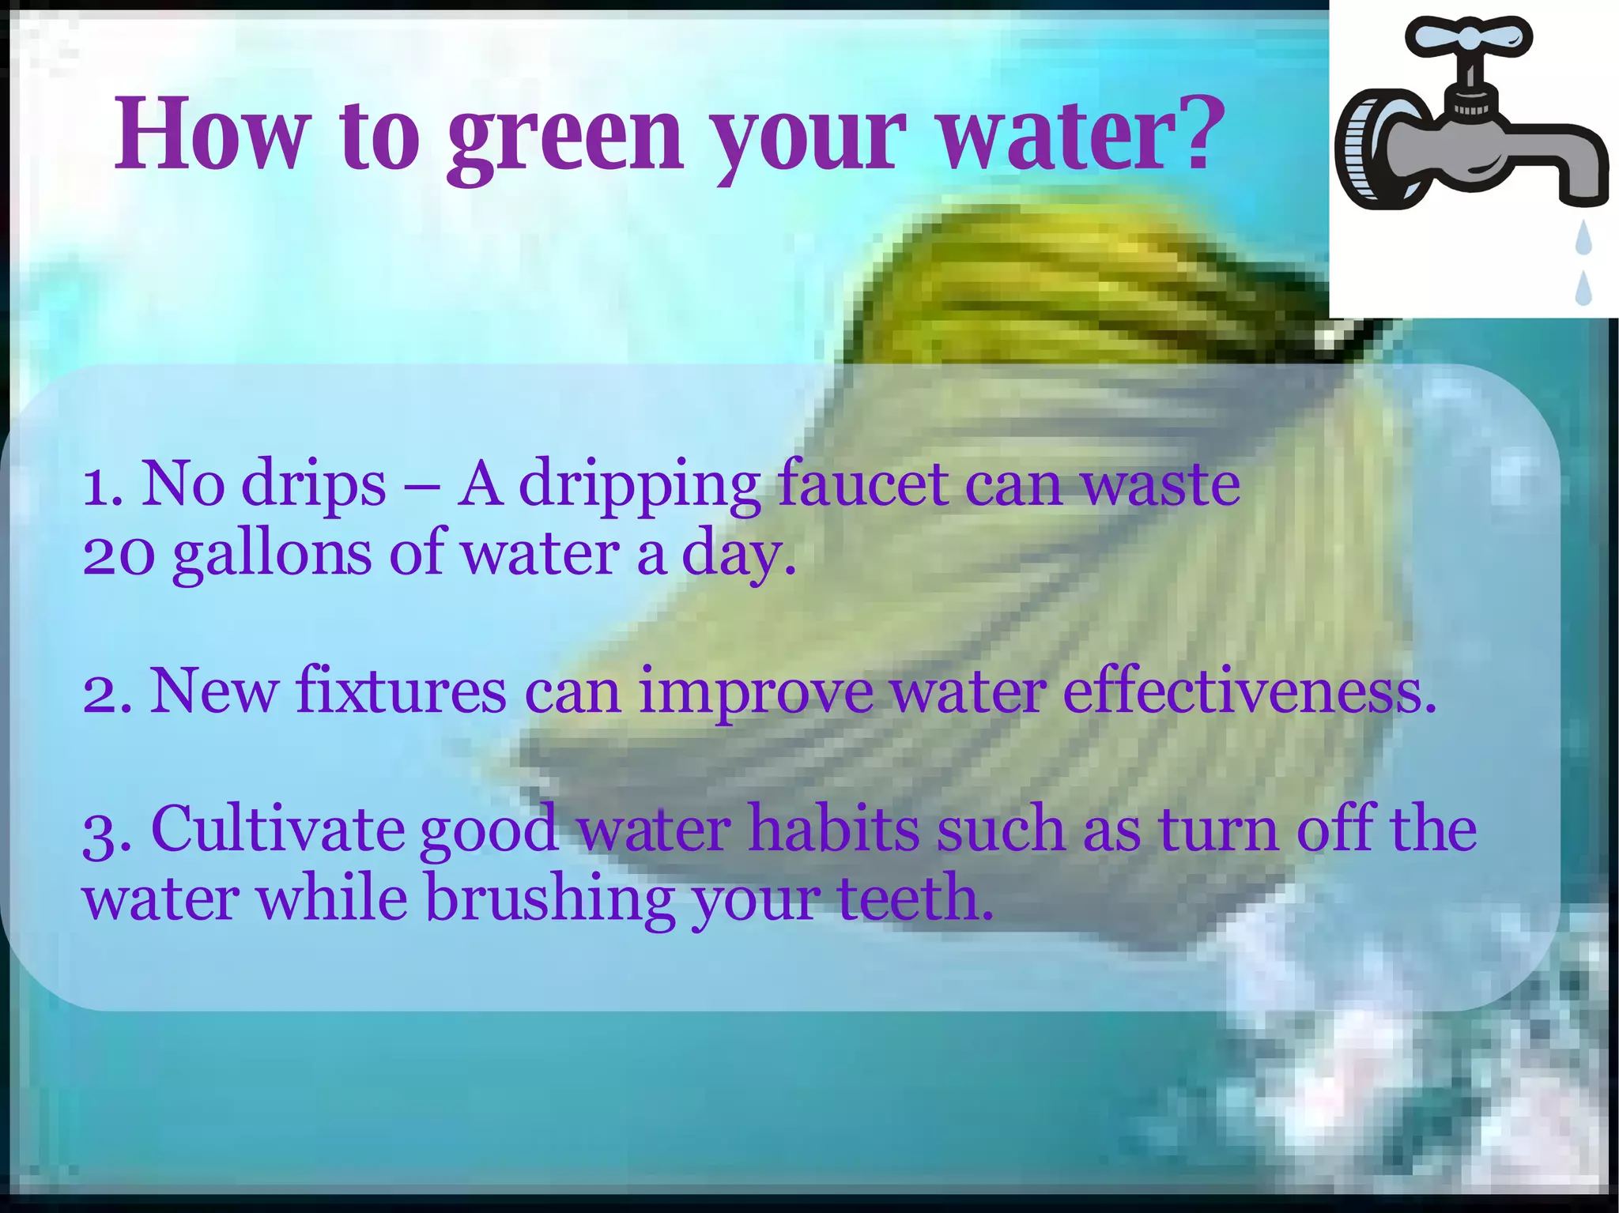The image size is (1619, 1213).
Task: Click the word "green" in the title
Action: click(565, 136)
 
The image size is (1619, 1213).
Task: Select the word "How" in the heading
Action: click(213, 133)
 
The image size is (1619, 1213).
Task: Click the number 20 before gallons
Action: click(119, 555)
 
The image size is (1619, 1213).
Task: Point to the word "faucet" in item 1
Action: click(862, 484)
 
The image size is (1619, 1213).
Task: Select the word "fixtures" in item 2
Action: click(401, 691)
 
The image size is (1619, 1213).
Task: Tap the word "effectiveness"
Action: click(1248, 691)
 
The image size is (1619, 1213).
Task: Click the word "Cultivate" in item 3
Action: click(277, 829)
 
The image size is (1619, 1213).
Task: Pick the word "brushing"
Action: click(550, 899)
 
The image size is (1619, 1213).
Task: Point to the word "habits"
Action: click(834, 829)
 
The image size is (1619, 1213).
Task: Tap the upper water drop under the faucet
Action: click(1583, 239)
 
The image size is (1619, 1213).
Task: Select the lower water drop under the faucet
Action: click(1583, 288)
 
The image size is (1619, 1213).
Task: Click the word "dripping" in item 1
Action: click(639, 485)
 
